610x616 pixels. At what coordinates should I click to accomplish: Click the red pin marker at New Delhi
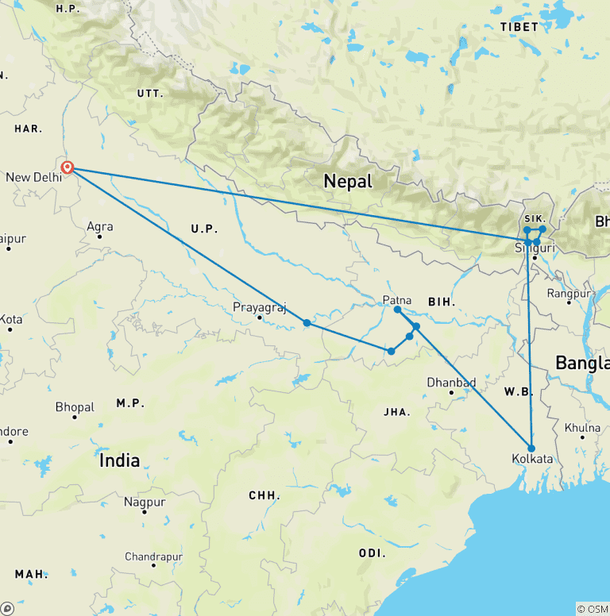pyautogui.click(x=68, y=167)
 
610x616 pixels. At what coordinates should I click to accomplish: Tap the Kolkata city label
pyautogui.click(x=533, y=460)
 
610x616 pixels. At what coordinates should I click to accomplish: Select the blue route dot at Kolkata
pyautogui.click(x=531, y=448)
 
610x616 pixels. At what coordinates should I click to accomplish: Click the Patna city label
pyautogui.click(x=396, y=299)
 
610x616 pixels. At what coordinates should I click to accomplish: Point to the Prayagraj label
pyautogui.click(x=259, y=308)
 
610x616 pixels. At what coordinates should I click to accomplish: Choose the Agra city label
pyautogui.click(x=99, y=227)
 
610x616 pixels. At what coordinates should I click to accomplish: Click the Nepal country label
pyautogui.click(x=348, y=182)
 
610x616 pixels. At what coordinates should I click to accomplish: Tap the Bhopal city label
pyautogui.click(x=75, y=407)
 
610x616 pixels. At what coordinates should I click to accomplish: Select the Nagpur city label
pyautogui.click(x=145, y=502)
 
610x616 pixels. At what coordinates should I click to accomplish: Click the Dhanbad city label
pyautogui.click(x=451, y=383)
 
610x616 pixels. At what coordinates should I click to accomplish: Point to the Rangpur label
pyautogui.click(x=569, y=294)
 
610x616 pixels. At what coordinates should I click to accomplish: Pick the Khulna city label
pyautogui.click(x=582, y=428)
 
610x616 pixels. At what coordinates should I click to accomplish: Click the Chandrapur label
pyautogui.click(x=153, y=557)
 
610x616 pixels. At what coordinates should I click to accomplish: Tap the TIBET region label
pyautogui.click(x=519, y=27)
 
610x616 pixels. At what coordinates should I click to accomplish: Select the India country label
pyautogui.click(x=120, y=460)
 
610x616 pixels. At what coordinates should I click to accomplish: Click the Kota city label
pyautogui.click(x=11, y=319)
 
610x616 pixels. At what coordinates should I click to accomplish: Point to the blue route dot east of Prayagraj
pyautogui.click(x=307, y=322)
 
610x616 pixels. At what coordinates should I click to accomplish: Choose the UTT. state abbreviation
pyautogui.click(x=149, y=94)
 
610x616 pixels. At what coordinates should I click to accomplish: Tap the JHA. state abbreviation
pyautogui.click(x=396, y=412)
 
